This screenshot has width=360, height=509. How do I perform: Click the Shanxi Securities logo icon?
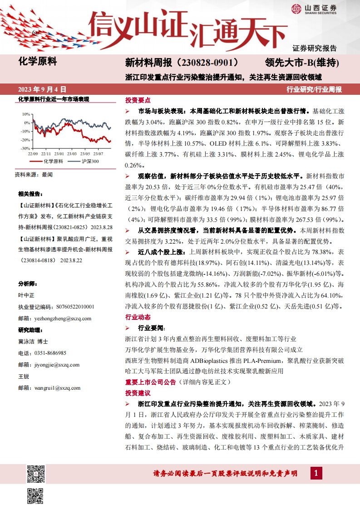pyautogui.click(x=296, y=8)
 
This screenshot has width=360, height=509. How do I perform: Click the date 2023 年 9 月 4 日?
pyautogui.click(x=42, y=89)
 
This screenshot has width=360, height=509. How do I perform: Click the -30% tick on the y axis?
pyautogui.click(x=25, y=148)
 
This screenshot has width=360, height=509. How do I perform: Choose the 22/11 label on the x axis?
pyautogui.click(x=46, y=154)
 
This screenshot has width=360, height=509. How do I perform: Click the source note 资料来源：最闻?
pyautogui.click(x=34, y=174)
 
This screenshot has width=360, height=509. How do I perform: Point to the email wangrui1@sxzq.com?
pyautogui.click(x=58, y=388)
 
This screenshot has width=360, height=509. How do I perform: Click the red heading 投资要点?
pyautogui.click(x=138, y=100)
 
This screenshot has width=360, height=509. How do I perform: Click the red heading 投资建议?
pyautogui.click(x=138, y=393)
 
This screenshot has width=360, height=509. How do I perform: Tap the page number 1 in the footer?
pyautogui.click(x=316, y=474)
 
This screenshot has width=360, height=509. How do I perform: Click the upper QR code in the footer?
pyautogui.click(x=36, y=474)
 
